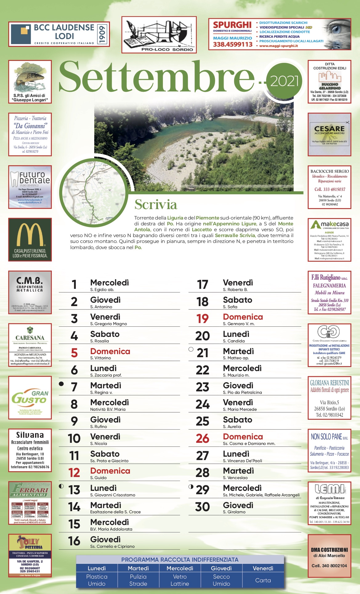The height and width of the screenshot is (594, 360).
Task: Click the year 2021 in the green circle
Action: point(284,81)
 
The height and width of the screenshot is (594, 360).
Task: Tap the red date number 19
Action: point(203,319)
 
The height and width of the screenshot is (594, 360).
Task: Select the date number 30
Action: point(202,507)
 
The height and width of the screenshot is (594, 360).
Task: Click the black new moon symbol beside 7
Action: point(61,384)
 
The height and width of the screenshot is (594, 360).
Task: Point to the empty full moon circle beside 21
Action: point(191,350)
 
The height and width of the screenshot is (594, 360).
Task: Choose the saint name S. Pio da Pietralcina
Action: point(242,392)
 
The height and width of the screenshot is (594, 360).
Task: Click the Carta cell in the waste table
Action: point(263,580)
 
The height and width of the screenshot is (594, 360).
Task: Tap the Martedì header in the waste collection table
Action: point(138,568)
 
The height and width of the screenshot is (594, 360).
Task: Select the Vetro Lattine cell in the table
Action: point(180,580)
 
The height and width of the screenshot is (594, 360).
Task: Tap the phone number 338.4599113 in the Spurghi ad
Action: point(233,44)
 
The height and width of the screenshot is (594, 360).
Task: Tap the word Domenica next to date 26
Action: point(243,437)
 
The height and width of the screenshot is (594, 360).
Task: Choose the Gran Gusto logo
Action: point(30,398)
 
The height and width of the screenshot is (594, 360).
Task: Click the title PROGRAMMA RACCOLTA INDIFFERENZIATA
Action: point(180,560)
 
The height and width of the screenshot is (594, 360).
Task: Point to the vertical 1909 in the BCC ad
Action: point(103,34)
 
